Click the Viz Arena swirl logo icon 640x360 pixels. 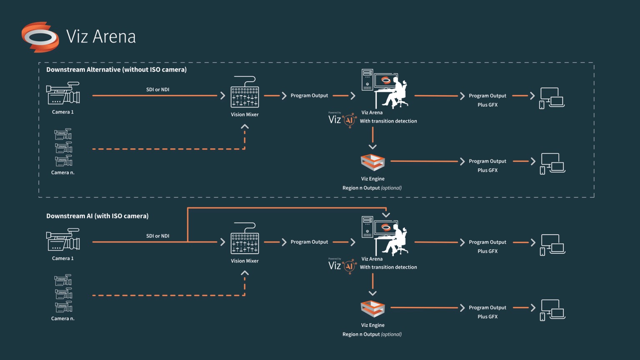pos(40,37)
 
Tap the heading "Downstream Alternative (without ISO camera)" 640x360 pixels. pos(116,70)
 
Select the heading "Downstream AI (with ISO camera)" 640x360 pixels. pos(97,216)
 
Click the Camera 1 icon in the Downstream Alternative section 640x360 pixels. pos(63,93)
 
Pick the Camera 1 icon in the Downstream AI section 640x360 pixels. pos(63,240)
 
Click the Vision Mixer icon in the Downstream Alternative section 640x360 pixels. pos(245,92)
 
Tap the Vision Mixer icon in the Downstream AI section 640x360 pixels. pos(245,238)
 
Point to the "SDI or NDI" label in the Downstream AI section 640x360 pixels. pos(158,236)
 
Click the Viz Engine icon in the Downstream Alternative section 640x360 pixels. pos(373,162)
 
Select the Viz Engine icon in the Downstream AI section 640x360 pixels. pos(373,309)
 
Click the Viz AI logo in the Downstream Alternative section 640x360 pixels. pos(342,120)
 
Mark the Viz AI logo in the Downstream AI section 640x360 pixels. pos(342,266)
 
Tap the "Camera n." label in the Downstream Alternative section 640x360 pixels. pos(63,172)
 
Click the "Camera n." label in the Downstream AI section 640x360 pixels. pos(63,319)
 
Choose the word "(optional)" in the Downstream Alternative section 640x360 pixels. pos(391,188)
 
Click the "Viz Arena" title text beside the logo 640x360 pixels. pos(101,37)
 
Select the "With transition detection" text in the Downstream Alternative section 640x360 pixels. pos(388,121)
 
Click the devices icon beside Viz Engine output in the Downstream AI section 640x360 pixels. pos(552,310)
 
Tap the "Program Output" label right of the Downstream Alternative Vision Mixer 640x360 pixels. pos(310,96)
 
